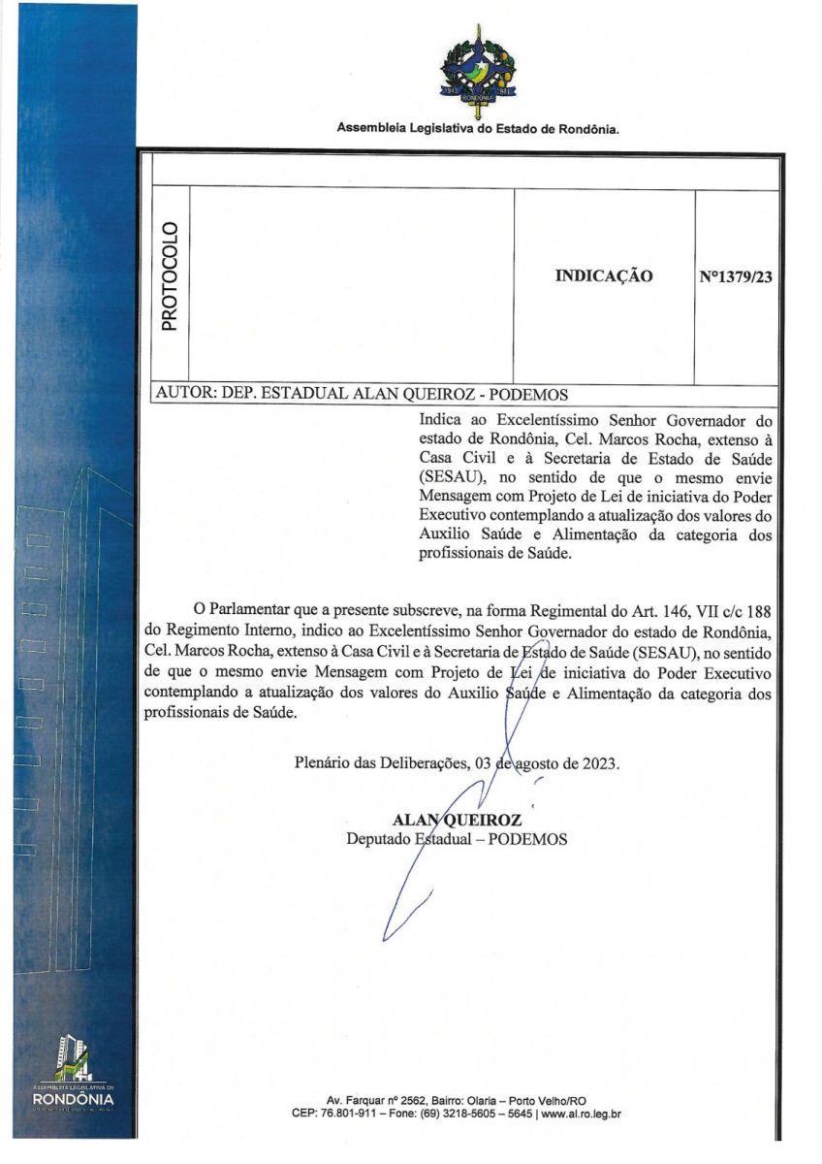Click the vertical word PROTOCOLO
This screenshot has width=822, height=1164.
point(170,276)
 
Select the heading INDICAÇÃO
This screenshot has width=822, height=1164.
point(604,276)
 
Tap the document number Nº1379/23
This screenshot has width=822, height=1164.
point(736,276)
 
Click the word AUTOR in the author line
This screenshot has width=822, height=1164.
point(184,395)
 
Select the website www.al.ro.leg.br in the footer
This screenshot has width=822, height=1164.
point(581,1115)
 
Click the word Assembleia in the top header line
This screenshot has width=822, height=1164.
point(373,129)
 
